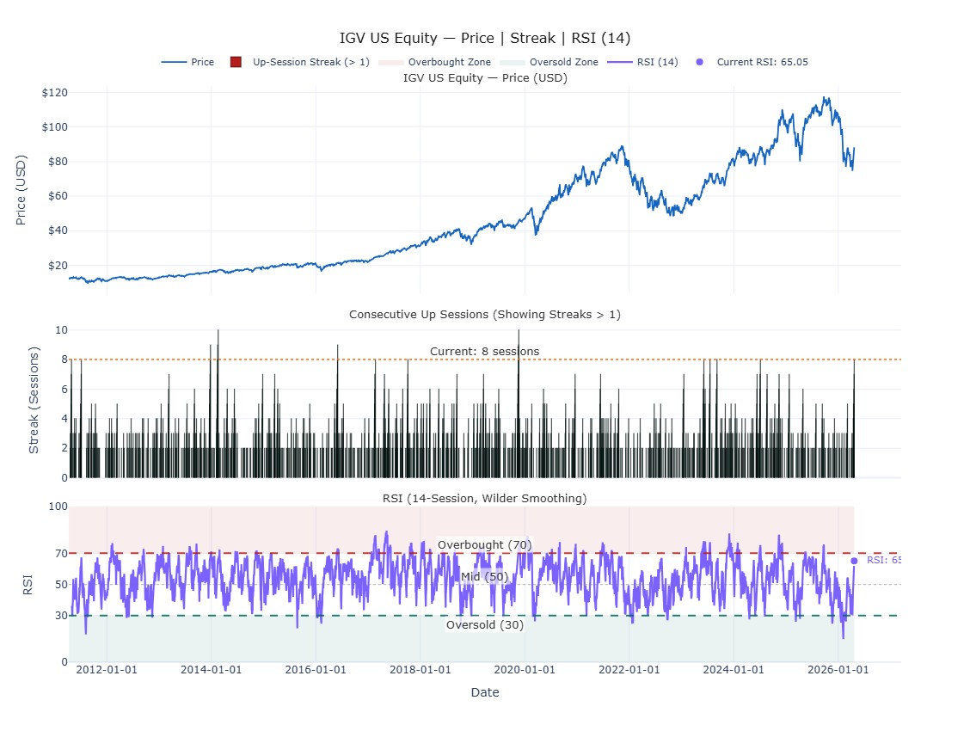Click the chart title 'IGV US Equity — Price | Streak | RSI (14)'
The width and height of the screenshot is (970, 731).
(x=485, y=38)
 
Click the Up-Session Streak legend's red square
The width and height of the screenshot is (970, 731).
(x=236, y=62)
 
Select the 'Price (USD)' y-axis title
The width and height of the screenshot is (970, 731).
(x=21, y=190)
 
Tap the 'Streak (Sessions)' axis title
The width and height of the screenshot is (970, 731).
(x=34, y=401)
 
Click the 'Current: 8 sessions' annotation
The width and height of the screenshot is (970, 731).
(x=485, y=351)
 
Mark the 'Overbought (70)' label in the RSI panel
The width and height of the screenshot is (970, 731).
(x=485, y=545)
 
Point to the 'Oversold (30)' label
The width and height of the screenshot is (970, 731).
(x=485, y=625)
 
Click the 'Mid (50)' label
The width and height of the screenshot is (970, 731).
(x=485, y=576)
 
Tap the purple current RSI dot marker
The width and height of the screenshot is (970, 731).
(x=854, y=561)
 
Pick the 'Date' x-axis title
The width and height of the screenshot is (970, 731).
(x=485, y=692)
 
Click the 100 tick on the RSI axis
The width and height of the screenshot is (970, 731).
(x=58, y=507)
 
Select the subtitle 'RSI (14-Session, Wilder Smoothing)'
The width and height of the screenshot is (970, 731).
(x=485, y=499)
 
